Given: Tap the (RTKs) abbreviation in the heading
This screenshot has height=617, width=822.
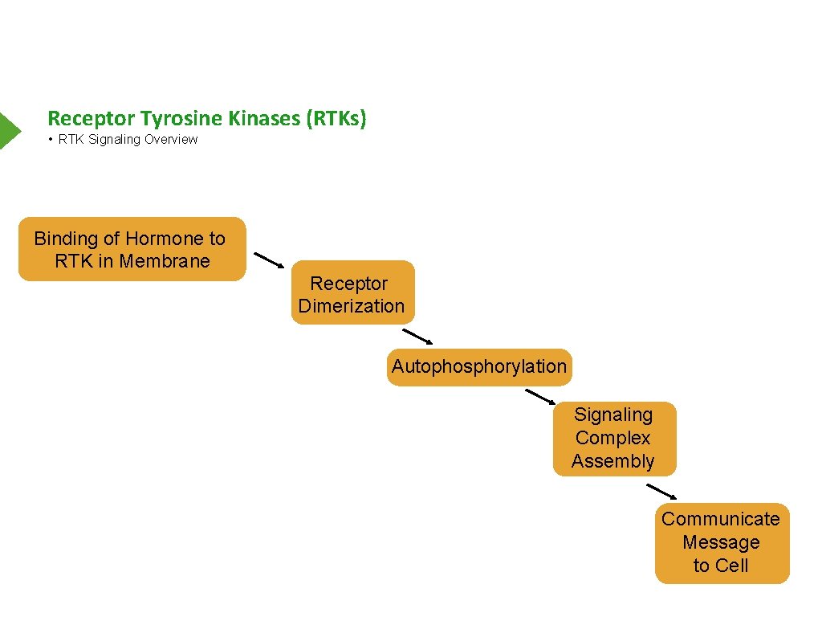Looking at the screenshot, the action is (335, 119).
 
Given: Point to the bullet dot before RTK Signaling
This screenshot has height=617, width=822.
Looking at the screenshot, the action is (50, 139).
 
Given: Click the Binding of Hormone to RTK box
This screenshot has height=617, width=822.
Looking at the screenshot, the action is (132, 249).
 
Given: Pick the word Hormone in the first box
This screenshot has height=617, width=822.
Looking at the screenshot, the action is (165, 239).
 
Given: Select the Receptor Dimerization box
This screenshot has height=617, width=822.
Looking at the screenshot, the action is (352, 293).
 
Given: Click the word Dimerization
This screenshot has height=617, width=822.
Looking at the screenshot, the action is (352, 306).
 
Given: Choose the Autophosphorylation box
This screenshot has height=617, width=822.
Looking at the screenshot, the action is (479, 367).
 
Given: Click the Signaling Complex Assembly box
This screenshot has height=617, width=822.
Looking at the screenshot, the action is (614, 438).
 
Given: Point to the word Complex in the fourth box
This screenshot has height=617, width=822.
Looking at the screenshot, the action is (613, 438).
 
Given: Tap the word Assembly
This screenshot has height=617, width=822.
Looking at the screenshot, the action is (613, 461).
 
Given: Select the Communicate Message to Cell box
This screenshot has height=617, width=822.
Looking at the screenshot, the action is (721, 542).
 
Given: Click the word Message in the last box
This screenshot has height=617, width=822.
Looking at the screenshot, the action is (721, 542).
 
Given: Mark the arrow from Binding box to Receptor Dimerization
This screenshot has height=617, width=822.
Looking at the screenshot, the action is (269, 260).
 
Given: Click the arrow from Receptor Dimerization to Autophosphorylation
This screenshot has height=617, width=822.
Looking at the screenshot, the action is (418, 337).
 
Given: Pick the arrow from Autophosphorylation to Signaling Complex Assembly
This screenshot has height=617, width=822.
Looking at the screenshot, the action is (540, 397).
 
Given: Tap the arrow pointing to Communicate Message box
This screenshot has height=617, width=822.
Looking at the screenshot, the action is (661, 492).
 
